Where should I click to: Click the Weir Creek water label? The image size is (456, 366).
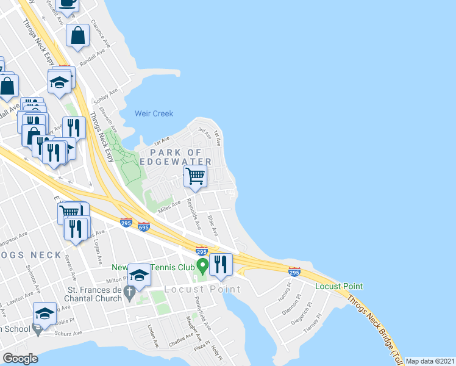point(154,113)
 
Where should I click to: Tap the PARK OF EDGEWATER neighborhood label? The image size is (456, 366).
point(176,156)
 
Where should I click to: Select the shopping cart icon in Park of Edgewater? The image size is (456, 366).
point(195,176)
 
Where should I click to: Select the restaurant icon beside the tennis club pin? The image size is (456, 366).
point(221,264)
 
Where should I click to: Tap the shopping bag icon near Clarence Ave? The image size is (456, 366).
point(79,36)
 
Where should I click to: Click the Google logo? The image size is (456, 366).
point(20,359)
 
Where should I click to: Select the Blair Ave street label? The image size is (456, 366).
point(212,224)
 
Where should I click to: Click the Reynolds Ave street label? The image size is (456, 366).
point(194,213)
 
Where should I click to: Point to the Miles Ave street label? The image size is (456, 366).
point(169,207)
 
